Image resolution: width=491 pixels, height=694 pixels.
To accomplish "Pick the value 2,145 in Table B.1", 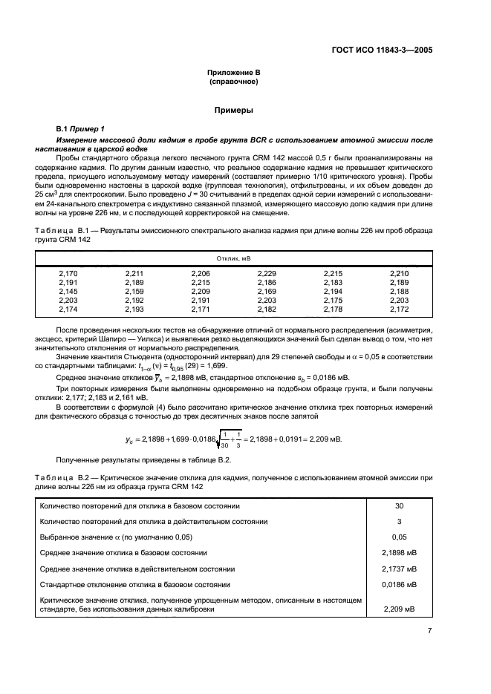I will pyautogui.click(x=68, y=291).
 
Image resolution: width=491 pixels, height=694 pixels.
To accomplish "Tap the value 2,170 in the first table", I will pyautogui.click(x=68, y=274).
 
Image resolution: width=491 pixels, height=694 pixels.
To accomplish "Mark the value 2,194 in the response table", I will pyautogui.click(x=333, y=291).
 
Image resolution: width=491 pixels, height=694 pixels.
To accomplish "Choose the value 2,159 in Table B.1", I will pyautogui.click(x=134, y=291).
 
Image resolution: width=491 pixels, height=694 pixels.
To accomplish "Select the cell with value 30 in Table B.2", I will pyautogui.click(x=399, y=505).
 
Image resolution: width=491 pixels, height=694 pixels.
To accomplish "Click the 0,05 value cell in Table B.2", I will pyautogui.click(x=399, y=537).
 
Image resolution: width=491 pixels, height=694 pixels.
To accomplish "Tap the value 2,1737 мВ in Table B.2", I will pyautogui.click(x=399, y=569).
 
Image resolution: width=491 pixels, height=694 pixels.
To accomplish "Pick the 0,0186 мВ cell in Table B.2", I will pyautogui.click(x=399, y=584).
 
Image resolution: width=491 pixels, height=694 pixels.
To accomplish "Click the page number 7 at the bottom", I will pyautogui.click(x=429, y=631).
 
